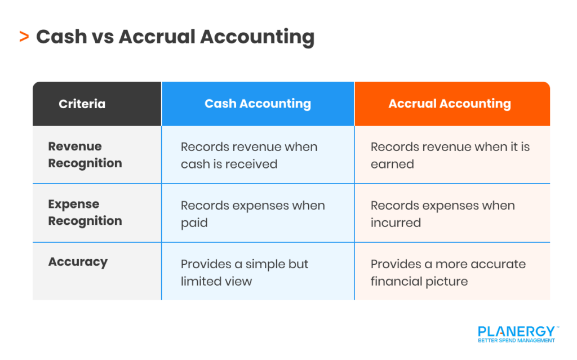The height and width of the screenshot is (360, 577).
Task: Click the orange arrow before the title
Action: [24, 37]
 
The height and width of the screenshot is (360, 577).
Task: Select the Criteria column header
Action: [82, 104]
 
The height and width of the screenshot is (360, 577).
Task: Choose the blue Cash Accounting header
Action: [258, 104]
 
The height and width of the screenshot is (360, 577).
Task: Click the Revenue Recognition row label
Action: [85, 154]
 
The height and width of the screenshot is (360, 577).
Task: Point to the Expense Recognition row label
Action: [85, 212]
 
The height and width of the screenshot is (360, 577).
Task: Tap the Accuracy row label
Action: [78, 262]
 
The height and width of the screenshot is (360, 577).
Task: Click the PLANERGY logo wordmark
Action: [516, 331]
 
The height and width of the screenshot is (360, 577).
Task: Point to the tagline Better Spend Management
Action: [516, 340]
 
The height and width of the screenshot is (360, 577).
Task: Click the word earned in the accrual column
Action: [392, 164]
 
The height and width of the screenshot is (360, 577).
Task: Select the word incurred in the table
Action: [396, 223]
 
